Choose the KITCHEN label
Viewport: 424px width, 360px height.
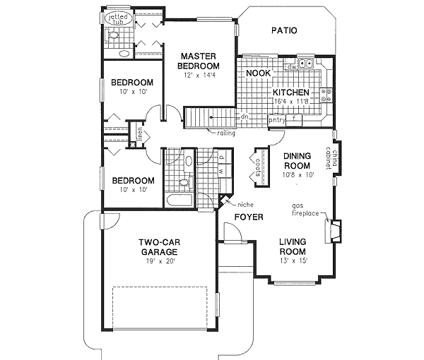(x=291, y=92)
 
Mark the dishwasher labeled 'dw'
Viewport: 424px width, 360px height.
(x=290, y=67)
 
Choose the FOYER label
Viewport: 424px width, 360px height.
(x=248, y=217)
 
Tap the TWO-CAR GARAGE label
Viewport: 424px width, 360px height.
(x=158, y=246)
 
